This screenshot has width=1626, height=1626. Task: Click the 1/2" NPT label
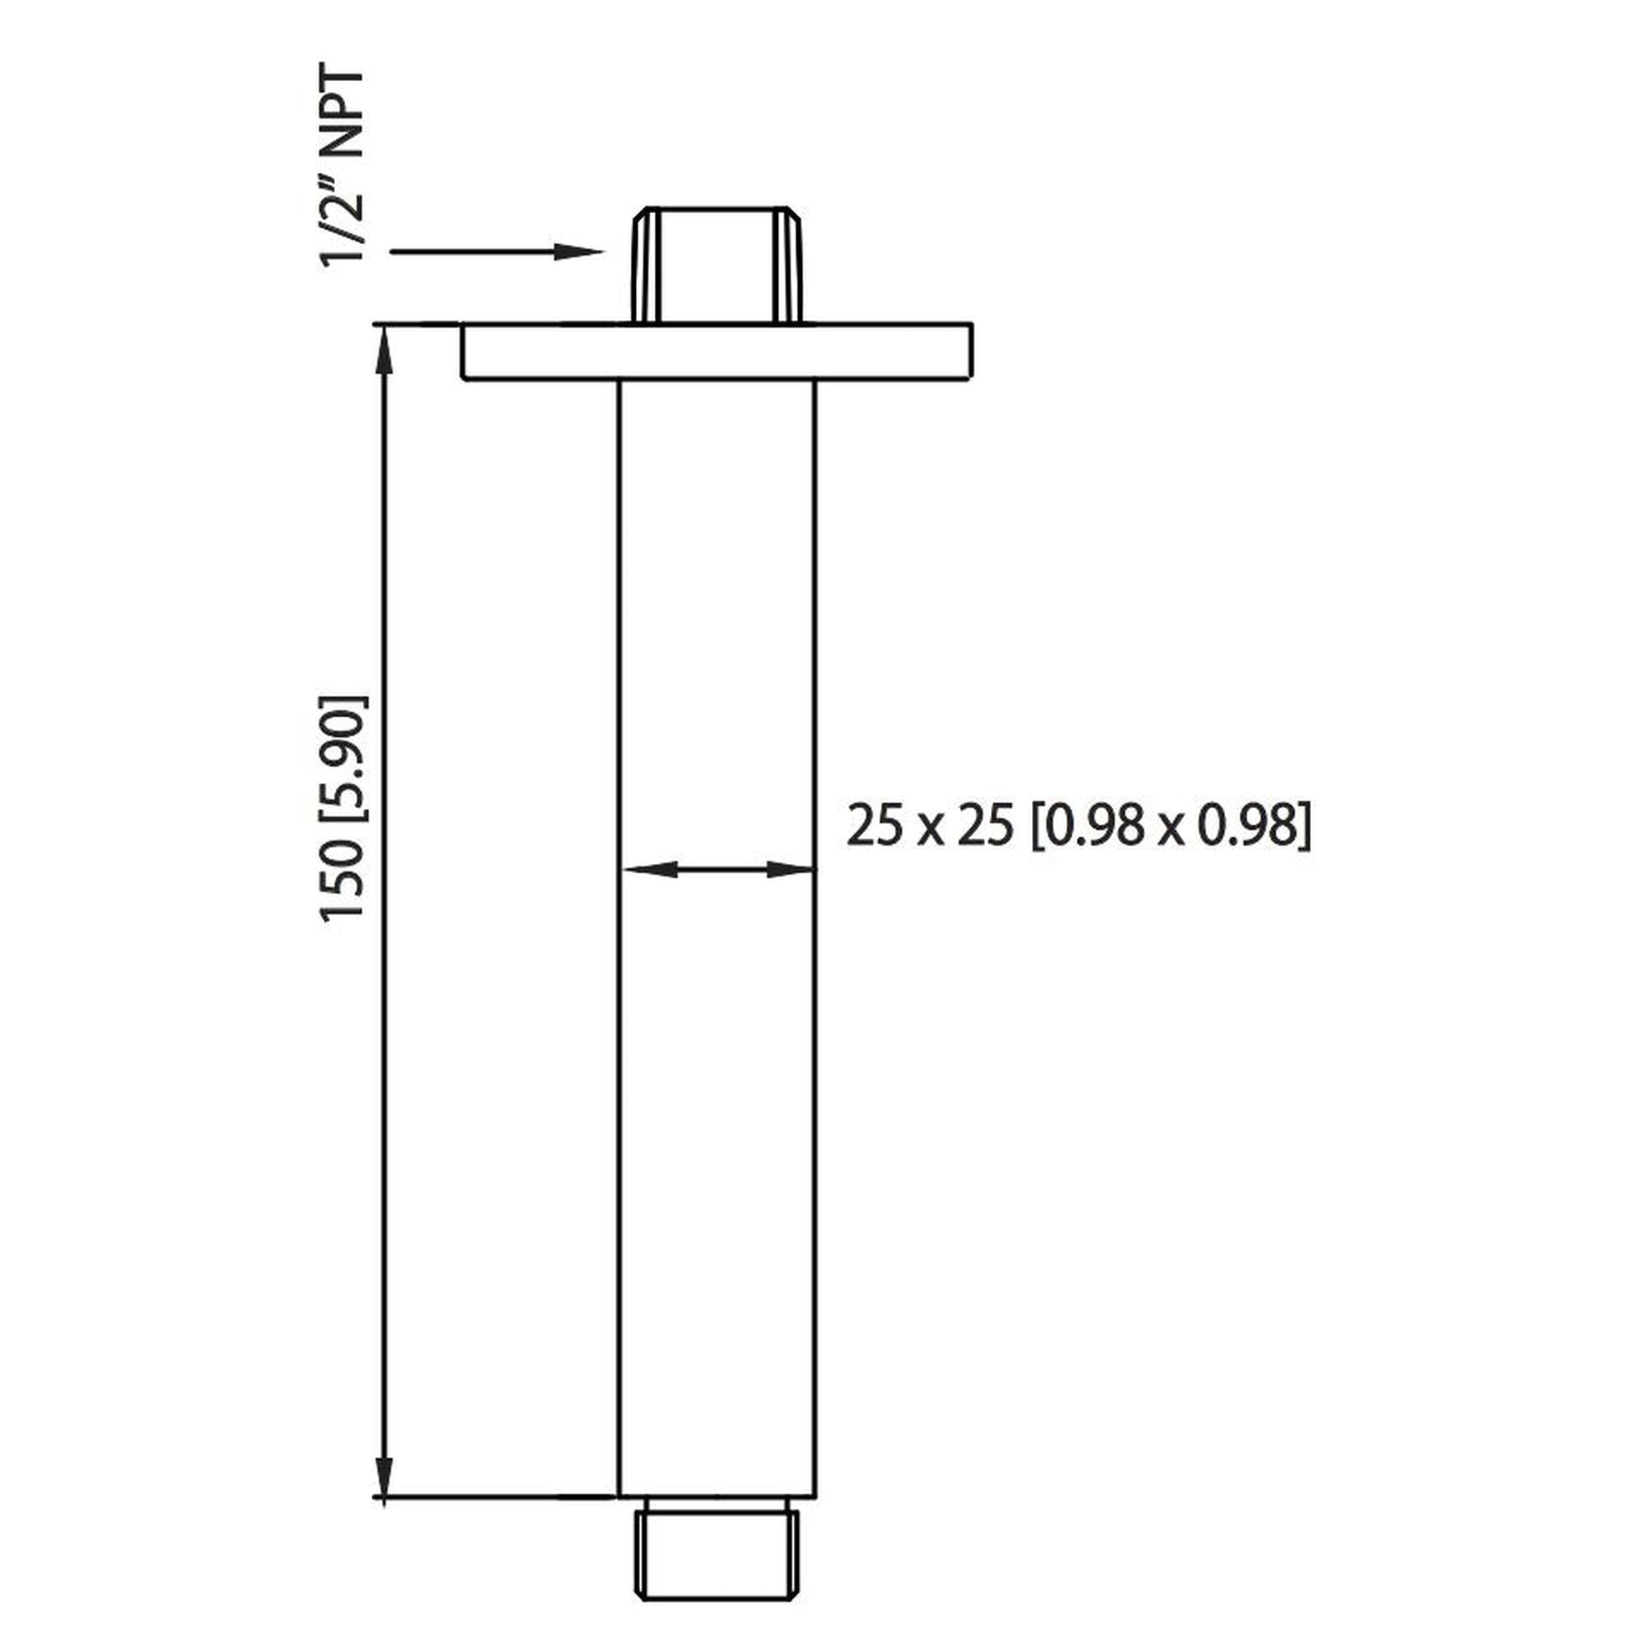click(343, 168)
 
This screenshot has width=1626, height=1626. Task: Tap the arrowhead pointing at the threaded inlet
click(581, 252)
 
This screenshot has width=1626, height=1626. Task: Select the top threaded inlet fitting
click(716, 264)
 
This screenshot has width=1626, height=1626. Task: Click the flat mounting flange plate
click(717, 351)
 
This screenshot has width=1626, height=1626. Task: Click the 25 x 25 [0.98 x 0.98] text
click(1078, 825)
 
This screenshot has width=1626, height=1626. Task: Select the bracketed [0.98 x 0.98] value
click(1171, 825)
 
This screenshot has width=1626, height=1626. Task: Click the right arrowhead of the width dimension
click(788, 869)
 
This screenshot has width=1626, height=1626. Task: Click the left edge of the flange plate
click(463, 351)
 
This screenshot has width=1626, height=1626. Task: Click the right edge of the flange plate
click(972, 351)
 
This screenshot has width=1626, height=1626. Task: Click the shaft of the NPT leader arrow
click(471, 252)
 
